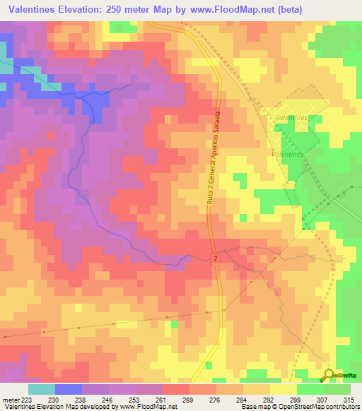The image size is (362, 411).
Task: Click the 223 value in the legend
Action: tap(25, 400)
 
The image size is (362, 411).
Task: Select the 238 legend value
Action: tap(82, 400)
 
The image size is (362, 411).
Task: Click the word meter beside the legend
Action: tap(9, 400)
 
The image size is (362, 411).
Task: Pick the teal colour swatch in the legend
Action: tap(41, 389)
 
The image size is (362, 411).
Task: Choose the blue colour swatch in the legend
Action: tap(69, 389)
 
